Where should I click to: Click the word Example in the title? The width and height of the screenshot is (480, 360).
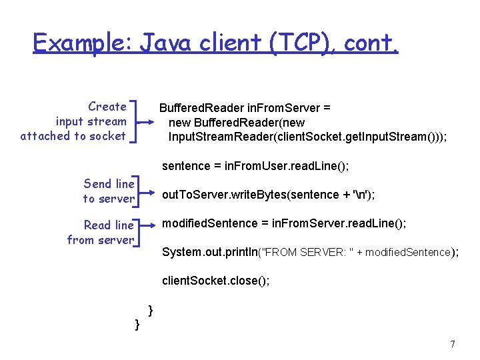pos(83,43)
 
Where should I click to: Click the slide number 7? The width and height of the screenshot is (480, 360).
pos(453,344)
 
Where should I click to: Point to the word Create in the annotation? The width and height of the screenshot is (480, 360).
pos(107,107)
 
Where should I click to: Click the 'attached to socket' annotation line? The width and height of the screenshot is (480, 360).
pos(73,136)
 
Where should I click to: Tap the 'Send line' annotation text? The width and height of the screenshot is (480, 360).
pos(109,183)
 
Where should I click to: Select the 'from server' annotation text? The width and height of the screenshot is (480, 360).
pos(101,240)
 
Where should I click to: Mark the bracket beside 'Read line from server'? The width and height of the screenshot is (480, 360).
pos(138,232)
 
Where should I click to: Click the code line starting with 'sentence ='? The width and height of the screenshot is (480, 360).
pos(255,165)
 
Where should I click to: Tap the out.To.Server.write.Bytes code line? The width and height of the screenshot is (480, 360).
pos(269,195)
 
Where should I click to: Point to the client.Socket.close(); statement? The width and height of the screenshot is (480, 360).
pos(215,281)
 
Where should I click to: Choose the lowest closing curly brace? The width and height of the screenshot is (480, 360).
pos(137,325)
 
